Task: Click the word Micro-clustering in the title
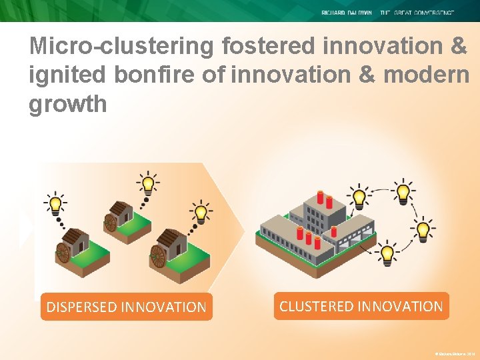[x=122, y=46]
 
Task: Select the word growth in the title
[x=67, y=104]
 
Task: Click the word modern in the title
[x=434, y=75]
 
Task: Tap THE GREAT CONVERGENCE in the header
[x=417, y=13]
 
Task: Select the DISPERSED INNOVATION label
[x=126, y=307]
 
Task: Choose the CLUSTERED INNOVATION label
[x=361, y=306]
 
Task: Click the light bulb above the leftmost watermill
[x=55, y=202]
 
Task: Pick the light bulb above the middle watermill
[x=147, y=181]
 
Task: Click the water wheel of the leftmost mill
[x=63, y=253]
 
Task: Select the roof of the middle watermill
[x=120, y=209]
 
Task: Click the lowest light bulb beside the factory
[x=386, y=253]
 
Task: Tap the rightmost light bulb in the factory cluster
[x=423, y=231]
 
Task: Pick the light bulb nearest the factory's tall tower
[x=359, y=196]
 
